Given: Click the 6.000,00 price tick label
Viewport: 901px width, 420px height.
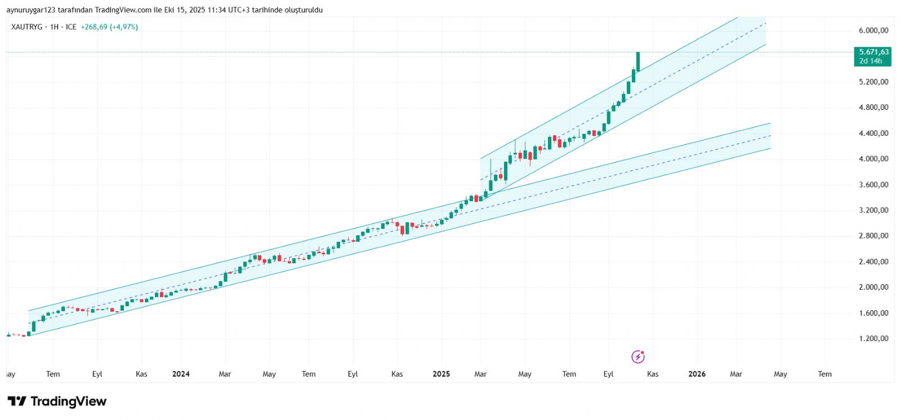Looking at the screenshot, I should point(873,30).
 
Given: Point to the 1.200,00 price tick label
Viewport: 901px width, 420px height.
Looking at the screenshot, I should point(873,339).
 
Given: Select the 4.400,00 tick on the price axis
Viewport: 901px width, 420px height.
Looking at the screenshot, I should point(873,134).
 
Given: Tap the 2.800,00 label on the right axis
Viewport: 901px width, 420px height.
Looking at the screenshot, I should point(873,236).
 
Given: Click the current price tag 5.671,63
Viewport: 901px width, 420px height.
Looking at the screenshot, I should point(873,52).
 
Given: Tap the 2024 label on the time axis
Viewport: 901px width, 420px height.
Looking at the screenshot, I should point(181,374).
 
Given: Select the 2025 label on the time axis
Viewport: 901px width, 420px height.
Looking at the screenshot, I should point(441,374).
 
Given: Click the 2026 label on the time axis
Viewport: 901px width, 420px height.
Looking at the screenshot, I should point(697,374).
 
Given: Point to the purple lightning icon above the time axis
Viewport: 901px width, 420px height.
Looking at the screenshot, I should point(637,357).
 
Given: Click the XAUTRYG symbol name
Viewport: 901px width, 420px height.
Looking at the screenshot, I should point(26,27).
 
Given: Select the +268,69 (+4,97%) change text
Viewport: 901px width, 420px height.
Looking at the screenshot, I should point(109,27).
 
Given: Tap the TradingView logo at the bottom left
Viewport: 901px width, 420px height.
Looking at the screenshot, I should point(57,401).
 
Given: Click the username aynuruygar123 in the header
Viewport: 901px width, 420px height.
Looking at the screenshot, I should point(30,10).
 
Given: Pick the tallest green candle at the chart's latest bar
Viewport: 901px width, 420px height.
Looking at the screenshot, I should point(638,61).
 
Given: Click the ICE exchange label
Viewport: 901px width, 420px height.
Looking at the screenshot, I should point(71,27).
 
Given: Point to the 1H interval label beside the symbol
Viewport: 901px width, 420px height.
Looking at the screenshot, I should point(54,27).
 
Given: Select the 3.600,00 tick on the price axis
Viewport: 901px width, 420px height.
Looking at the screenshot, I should point(873,185).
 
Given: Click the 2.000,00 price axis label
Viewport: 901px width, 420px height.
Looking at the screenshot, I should point(873,288).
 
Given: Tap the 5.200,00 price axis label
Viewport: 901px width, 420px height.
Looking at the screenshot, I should point(873,82).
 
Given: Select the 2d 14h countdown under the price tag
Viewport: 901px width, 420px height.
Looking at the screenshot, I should point(871,61).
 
